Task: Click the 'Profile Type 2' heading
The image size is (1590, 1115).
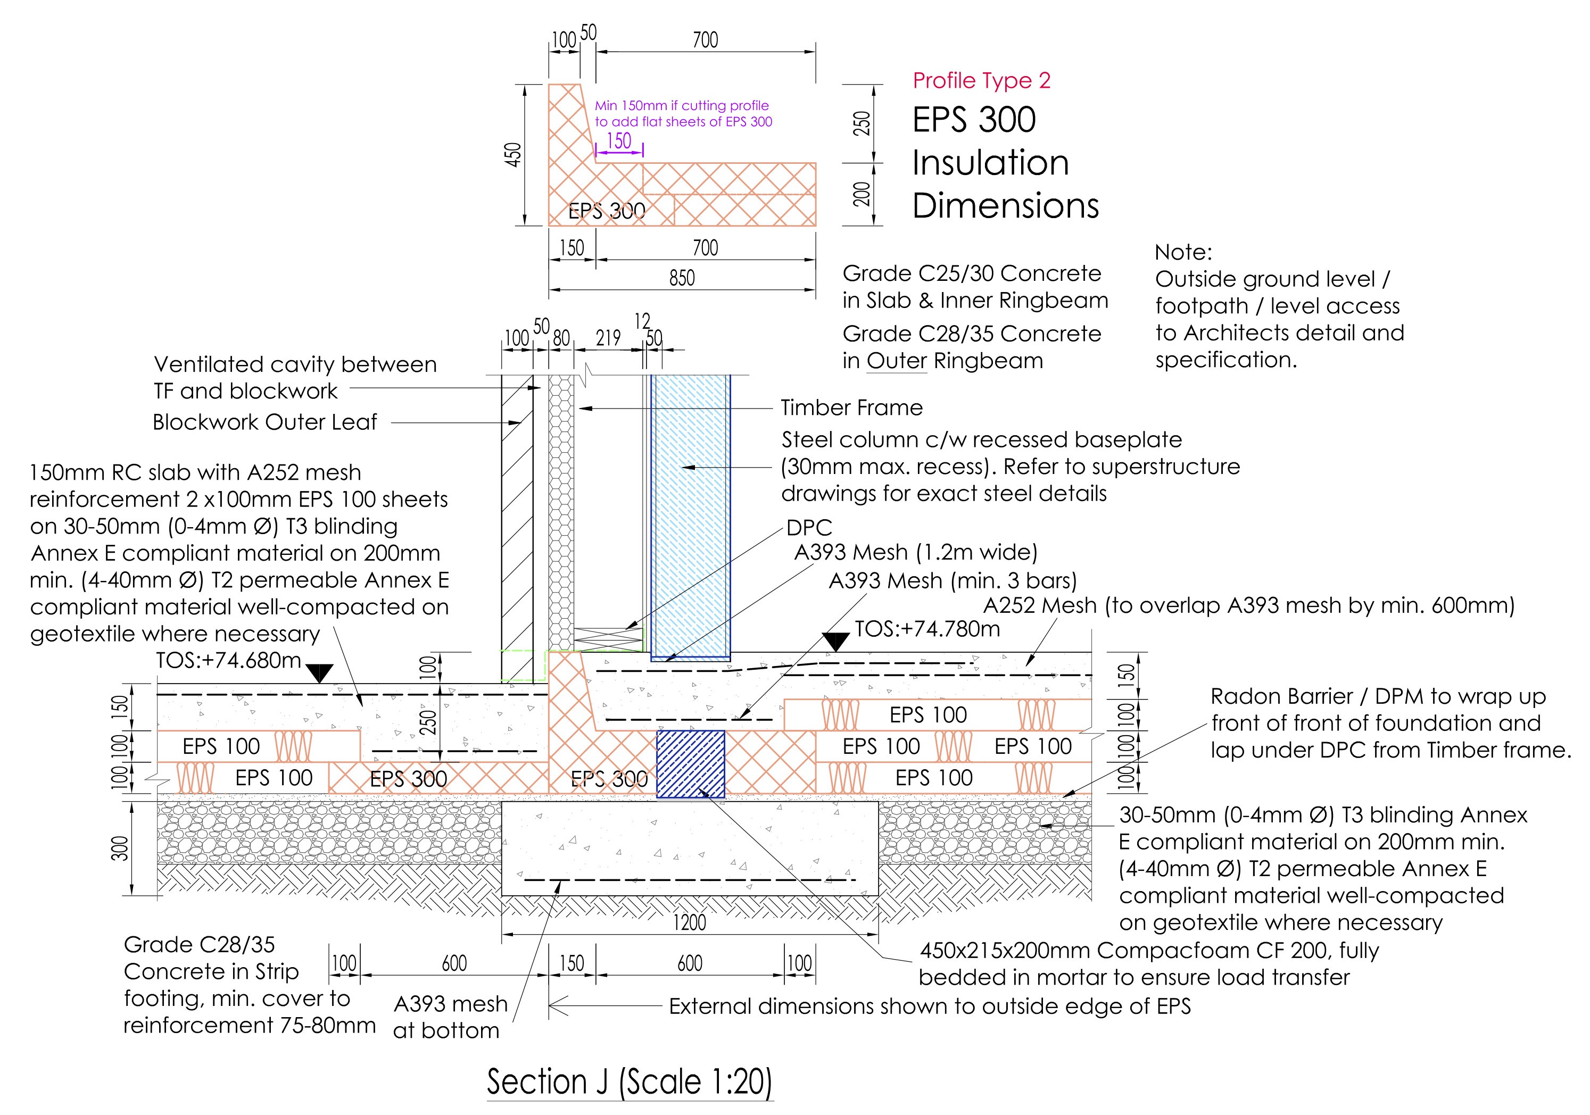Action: [x=981, y=81]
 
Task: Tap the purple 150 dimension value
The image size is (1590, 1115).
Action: [x=618, y=141]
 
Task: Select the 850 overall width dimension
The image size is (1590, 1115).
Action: [x=682, y=278]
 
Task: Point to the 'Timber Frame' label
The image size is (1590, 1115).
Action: [x=851, y=407]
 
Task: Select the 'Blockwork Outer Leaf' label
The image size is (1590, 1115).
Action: [x=264, y=422]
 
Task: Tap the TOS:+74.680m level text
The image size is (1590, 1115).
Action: [x=228, y=660]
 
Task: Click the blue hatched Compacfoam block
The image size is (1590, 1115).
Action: [x=690, y=763]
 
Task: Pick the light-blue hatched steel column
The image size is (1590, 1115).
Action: [x=690, y=512]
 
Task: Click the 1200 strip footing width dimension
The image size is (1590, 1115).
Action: [x=690, y=922]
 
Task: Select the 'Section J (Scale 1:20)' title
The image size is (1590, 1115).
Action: [x=629, y=1082]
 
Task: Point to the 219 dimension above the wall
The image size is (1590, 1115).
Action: [x=608, y=338]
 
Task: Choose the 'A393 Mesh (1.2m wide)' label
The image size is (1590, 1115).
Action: [x=915, y=552]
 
